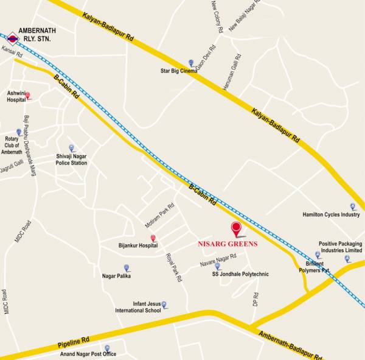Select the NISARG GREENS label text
pos(228,244)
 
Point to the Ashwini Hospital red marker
pos(27,96)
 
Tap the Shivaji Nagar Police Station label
pos(71,159)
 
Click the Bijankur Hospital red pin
pos(153,238)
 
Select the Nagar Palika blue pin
pos(127,268)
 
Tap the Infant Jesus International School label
pos(138,306)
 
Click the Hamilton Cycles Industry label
pos(331,214)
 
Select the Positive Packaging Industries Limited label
pos(340,247)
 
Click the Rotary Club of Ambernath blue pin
pos(19,132)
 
